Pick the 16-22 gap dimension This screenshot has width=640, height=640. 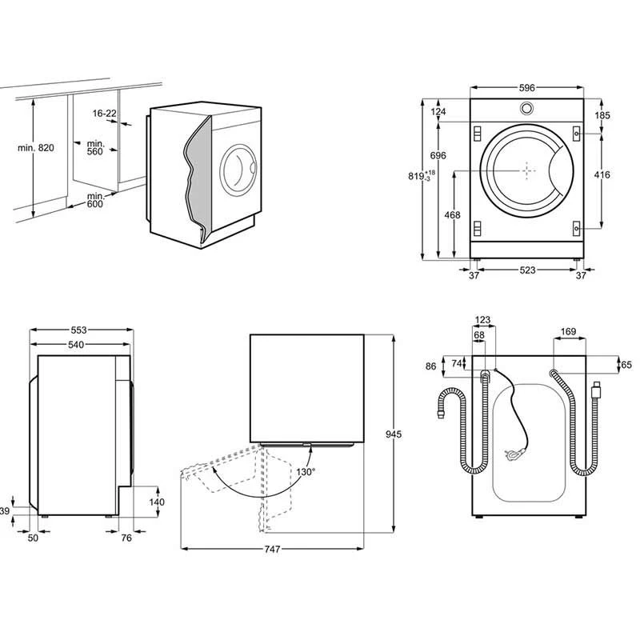pos(104,114)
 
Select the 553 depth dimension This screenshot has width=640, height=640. pos(78,330)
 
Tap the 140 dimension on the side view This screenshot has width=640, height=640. pos(157,502)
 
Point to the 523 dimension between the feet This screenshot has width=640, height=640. pos(526,271)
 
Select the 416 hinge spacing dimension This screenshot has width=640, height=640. pos(602,174)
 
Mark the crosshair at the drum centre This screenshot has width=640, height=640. pos(527,170)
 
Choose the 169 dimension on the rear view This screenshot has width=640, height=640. pos(569,331)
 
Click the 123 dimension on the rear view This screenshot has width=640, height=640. pos(483,320)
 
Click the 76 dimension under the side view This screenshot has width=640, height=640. pos(126,538)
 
